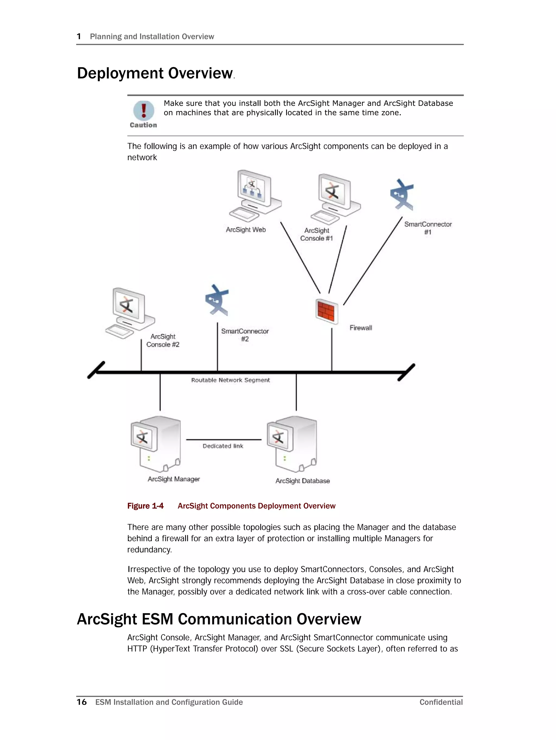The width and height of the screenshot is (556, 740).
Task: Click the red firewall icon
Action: tap(327, 311)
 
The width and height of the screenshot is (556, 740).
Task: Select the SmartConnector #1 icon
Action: tap(402, 195)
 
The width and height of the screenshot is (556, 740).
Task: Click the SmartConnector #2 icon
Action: tap(217, 300)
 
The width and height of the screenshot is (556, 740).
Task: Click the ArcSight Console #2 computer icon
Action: tap(130, 313)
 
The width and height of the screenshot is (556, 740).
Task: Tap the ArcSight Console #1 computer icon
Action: tap(335, 199)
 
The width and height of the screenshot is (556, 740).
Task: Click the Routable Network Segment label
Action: tap(230, 380)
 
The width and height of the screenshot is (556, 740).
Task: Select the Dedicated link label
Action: tap(223, 446)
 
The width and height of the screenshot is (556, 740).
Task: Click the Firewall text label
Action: tap(361, 328)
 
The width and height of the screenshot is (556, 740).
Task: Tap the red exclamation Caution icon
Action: tap(144, 111)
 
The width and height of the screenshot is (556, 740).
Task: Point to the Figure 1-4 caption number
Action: tap(145, 506)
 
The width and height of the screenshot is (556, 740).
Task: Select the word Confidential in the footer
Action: tap(441, 702)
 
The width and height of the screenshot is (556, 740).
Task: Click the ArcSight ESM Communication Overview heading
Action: tap(219, 619)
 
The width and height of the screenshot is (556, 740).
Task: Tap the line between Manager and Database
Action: tap(223, 439)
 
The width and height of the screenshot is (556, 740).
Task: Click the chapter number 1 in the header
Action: tap(79, 36)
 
